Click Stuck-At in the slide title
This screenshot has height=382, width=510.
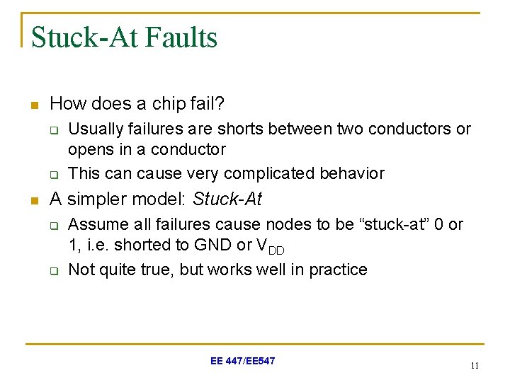[x=85, y=37]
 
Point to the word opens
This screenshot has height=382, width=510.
[x=88, y=149]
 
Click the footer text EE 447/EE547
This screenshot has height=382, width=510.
[x=243, y=361]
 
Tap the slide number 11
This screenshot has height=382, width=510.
[x=474, y=366]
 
